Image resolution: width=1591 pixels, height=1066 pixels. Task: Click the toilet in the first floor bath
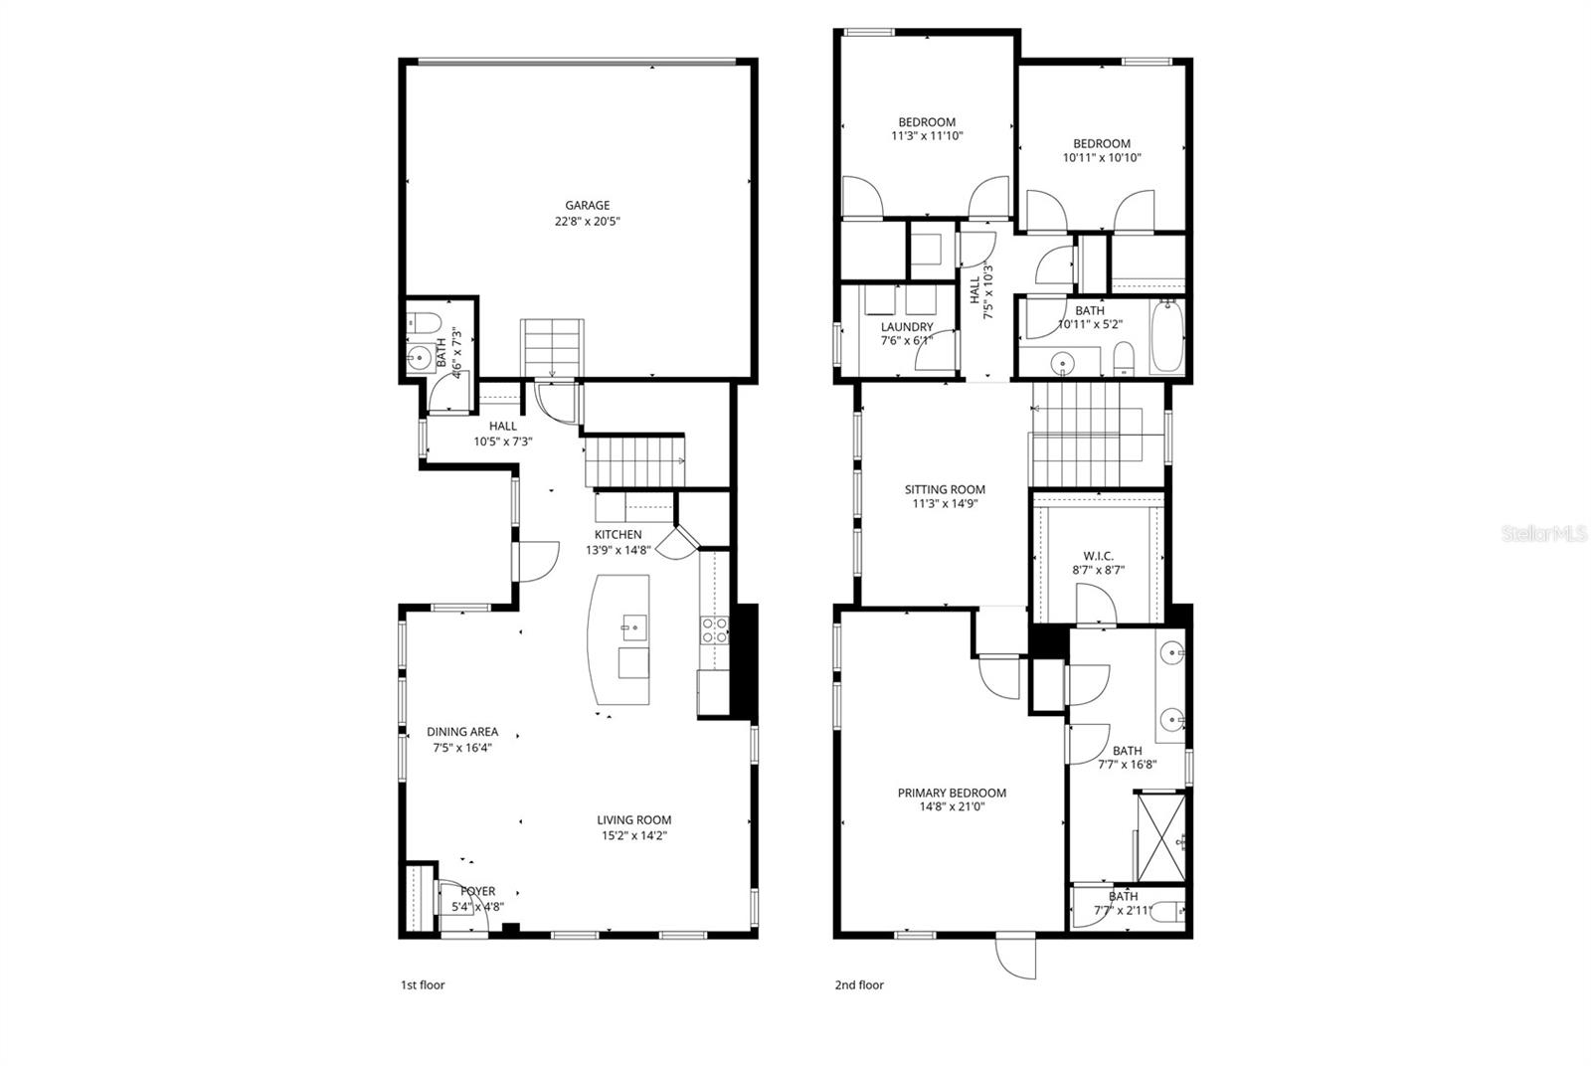pos(425,321)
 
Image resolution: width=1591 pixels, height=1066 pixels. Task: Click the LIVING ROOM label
pos(633,820)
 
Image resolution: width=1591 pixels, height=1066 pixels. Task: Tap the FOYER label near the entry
pos(477,892)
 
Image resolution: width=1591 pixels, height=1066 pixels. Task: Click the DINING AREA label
pos(462,732)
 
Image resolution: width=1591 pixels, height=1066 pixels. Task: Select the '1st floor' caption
pos(423,985)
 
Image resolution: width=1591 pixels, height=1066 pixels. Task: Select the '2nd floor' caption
pos(859,985)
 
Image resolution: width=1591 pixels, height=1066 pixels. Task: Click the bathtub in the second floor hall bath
pos(1166,338)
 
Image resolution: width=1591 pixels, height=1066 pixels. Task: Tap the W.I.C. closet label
pos(1098,556)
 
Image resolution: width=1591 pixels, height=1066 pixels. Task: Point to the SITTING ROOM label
pos(945,489)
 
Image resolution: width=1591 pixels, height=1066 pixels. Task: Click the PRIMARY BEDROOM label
pos(952,793)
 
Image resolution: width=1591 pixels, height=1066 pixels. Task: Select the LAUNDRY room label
pos(907,327)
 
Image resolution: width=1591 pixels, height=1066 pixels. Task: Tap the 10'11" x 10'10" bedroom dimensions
pos(1102,158)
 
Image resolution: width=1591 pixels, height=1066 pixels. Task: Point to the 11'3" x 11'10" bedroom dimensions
pos(927,137)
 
